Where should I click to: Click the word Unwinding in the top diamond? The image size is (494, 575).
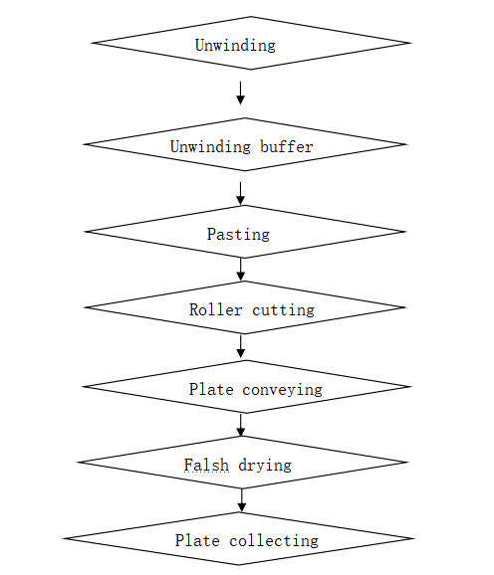tap(235, 46)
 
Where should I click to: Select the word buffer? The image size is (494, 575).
tap(287, 146)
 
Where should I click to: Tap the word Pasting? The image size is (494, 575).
tap(239, 235)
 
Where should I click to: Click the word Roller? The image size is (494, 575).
tap(216, 309)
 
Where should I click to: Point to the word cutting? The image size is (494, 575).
tap(283, 310)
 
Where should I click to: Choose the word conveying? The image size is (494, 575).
tap(282, 390)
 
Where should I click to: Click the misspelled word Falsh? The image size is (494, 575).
tap(206, 465)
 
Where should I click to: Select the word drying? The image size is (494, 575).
tap(265, 466)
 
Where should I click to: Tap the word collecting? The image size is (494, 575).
tap(274, 541)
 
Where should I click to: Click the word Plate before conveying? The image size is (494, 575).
tap(211, 389)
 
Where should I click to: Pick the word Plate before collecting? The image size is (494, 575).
tap(197, 540)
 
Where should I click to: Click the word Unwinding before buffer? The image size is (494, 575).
tap(210, 147)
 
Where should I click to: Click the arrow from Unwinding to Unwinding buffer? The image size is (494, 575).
tap(240, 94)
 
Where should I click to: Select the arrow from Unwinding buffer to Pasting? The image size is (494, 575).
tap(240, 194)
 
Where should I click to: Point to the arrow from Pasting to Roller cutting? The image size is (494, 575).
tap(241, 270)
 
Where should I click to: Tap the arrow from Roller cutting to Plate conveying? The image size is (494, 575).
tap(241, 346)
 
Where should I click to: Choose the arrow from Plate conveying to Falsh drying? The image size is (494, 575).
tap(241, 425)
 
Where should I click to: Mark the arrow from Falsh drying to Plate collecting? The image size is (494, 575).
tap(241, 500)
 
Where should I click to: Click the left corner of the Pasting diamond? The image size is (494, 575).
tap(85, 232)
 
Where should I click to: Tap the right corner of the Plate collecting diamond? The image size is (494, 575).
tap(414, 539)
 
